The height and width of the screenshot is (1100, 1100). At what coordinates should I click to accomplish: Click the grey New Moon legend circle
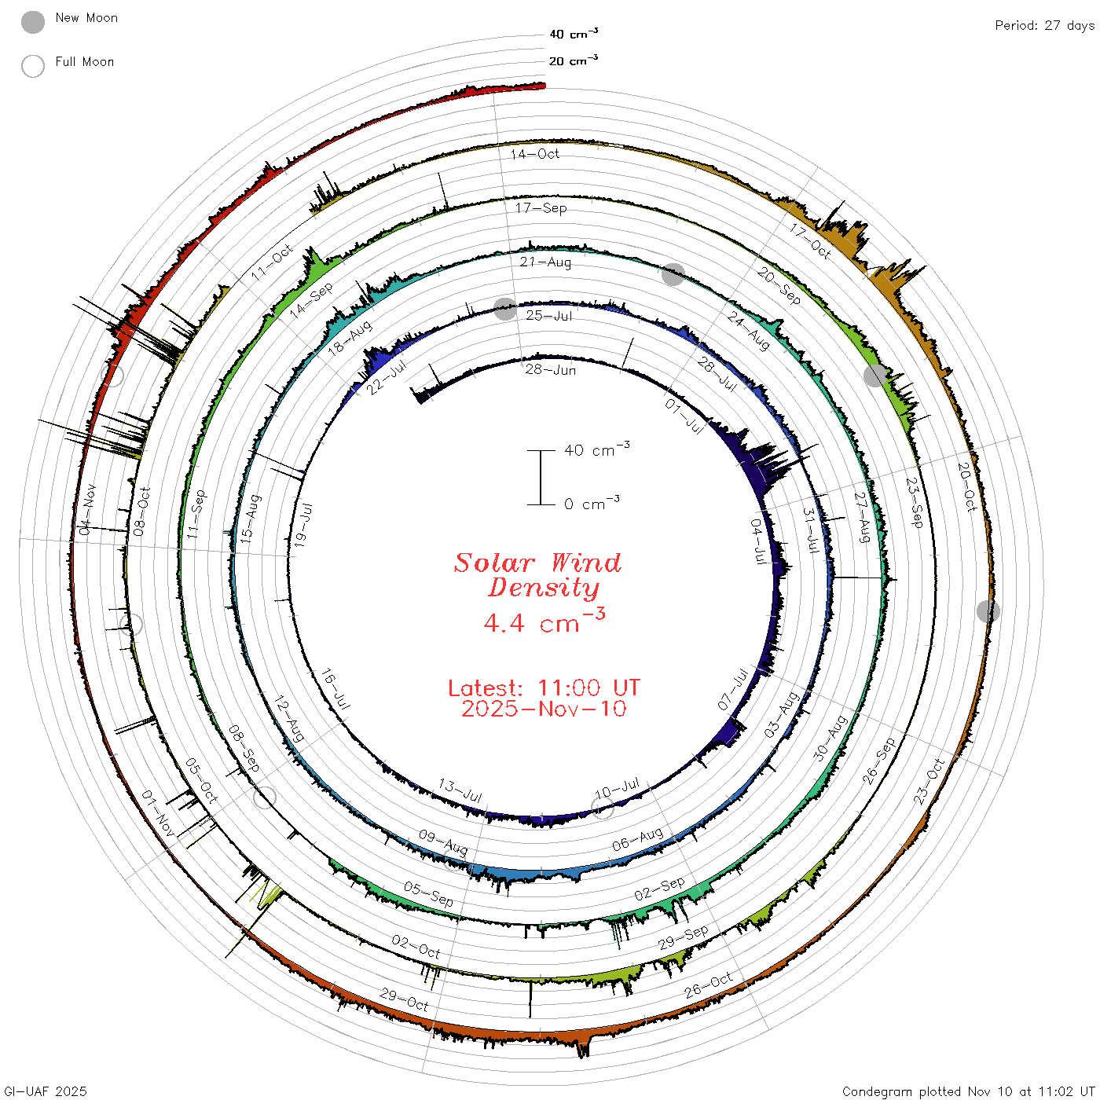pyautogui.click(x=32, y=22)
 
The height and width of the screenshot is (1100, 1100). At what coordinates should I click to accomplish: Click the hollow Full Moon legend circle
pyautogui.click(x=32, y=66)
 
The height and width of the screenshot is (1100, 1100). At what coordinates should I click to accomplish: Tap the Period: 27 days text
pyautogui.click(x=1044, y=26)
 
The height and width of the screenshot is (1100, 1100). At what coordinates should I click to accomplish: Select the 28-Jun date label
pyautogui.click(x=550, y=369)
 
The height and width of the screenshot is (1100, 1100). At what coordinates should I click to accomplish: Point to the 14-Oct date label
pyautogui.click(x=534, y=153)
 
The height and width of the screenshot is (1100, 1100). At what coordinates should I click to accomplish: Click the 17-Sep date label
pyautogui.click(x=541, y=207)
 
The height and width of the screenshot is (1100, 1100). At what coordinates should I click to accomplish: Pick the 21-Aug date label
pyautogui.click(x=545, y=262)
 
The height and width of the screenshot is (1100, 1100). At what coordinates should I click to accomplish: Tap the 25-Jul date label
pyautogui.click(x=548, y=316)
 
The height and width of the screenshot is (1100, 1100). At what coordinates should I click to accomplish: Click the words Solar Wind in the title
pyautogui.click(x=537, y=563)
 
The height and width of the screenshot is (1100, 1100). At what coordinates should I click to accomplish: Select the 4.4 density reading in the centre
pyautogui.click(x=504, y=623)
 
